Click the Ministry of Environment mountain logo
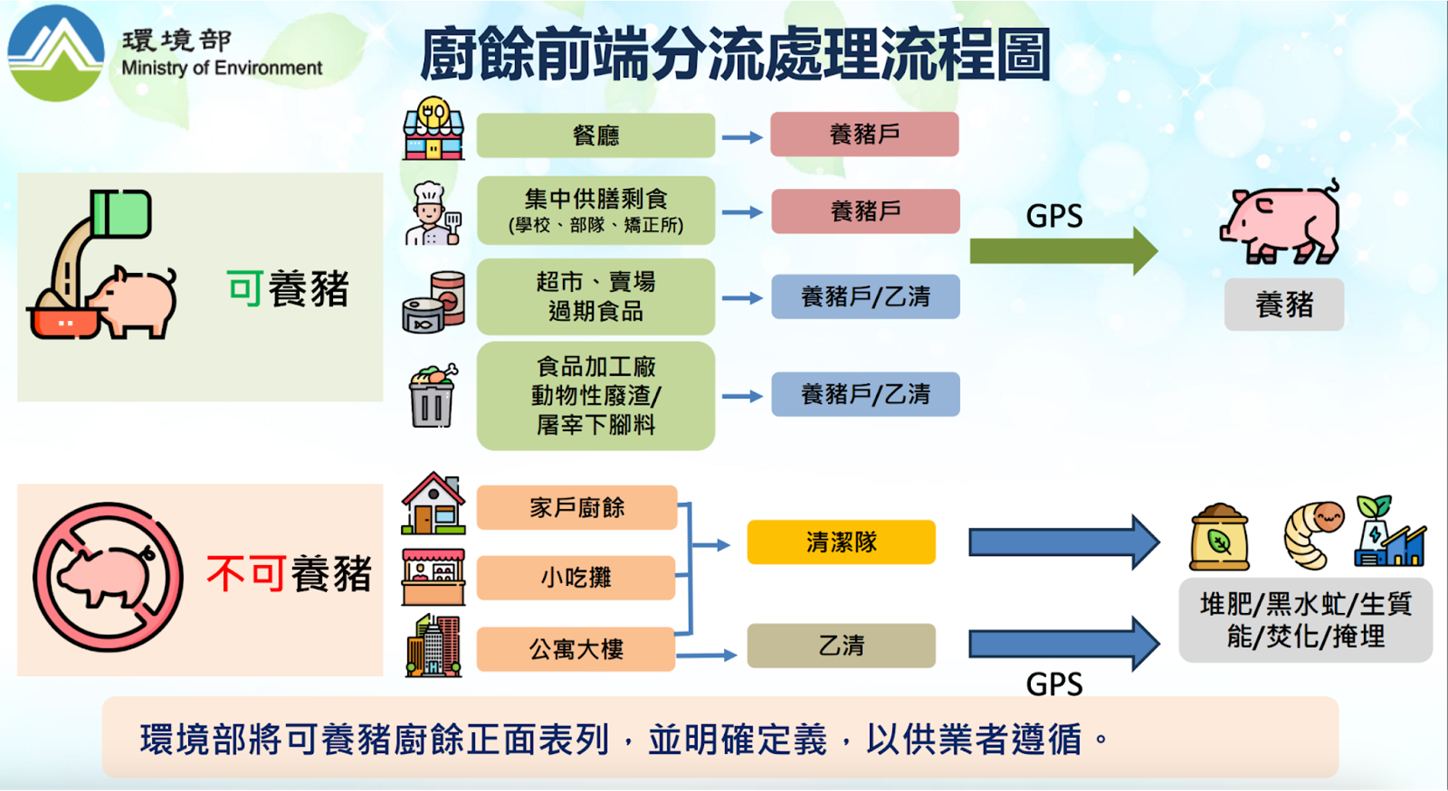(56, 52)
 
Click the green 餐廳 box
(596, 136)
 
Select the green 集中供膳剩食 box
(596, 210)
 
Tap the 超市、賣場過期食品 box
(596, 297)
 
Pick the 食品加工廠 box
(596, 395)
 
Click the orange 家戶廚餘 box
(577, 507)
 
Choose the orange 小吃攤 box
(576, 577)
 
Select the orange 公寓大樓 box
(576, 648)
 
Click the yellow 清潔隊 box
(841, 542)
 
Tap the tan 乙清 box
(841, 645)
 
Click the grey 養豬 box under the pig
(1284, 305)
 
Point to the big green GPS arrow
(1064, 251)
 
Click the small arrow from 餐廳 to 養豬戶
(742, 137)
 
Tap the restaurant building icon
(433, 128)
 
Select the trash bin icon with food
(433, 395)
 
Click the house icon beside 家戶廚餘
(433, 503)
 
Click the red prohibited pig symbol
(108, 577)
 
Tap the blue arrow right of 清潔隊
(1064, 542)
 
